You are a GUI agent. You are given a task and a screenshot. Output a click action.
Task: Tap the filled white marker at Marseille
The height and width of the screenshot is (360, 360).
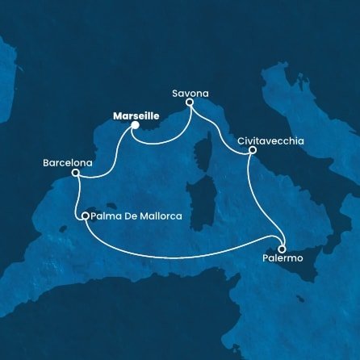click(x=135, y=125)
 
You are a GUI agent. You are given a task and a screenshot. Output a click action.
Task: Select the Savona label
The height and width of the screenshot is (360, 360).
click(x=187, y=93)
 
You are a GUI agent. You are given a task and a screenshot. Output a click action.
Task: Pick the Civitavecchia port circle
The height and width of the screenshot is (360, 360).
click(x=253, y=150)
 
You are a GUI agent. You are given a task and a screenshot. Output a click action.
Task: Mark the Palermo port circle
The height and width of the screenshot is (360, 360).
click(x=282, y=248)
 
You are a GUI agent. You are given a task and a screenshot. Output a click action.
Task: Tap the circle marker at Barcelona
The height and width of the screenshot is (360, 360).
click(x=75, y=172)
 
